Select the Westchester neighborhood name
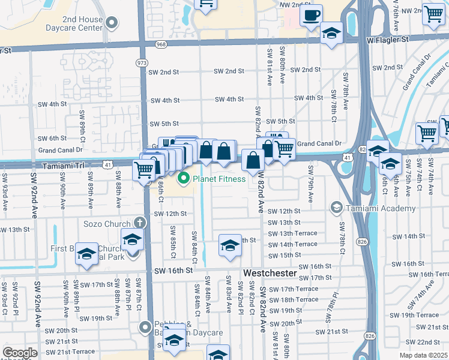tap(270, 273)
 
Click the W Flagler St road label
tap(387, 39)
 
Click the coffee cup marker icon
tap(311, 15)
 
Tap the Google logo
tap(20, 353)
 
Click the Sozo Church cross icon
tap(139, 223)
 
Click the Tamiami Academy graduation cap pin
tap(336, 209)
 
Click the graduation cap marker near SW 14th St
tap(229, 245)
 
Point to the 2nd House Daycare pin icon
tap(111, 23)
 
